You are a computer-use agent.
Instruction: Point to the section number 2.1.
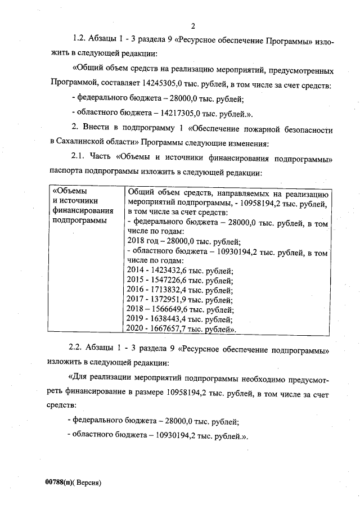79,160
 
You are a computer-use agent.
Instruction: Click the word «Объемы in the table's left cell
67,191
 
